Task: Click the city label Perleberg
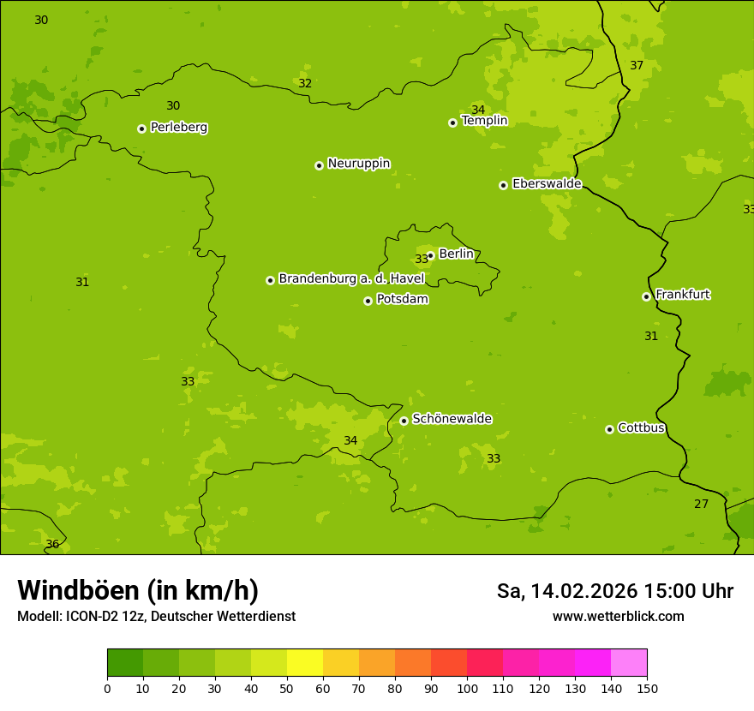(178, 128)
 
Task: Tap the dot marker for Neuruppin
(319, 165)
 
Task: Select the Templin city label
(484, 121)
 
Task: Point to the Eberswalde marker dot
(504, 185)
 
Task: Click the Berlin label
(456, 254)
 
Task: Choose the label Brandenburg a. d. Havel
(351, 278)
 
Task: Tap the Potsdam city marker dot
(368, 301)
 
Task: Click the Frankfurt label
(682, 295)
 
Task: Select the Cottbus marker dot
(609, 429)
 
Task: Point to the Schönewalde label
(452, 419)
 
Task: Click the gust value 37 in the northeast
(637, 66)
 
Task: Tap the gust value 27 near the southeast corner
(701, 504)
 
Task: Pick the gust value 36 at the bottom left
(52, 544)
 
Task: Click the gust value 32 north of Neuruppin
(305, 84)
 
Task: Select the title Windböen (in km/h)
(138, 590)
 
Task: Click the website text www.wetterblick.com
(618, 616)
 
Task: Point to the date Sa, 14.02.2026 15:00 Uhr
(614, 591)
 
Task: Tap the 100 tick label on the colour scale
(467, 688)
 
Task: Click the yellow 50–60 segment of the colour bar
(305, 663)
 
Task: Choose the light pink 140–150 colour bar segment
(629, 663)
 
